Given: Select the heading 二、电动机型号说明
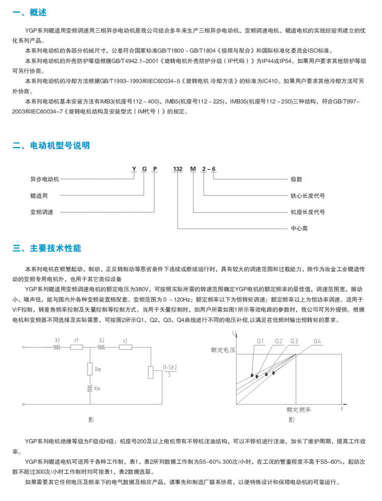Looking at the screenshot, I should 51,146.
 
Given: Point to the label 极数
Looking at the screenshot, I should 296,179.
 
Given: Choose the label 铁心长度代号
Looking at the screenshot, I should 308,195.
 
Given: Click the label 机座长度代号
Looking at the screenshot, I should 308,212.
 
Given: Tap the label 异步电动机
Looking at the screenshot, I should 45,179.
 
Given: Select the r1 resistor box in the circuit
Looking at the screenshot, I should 76,348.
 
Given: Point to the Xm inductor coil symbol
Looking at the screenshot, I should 90,388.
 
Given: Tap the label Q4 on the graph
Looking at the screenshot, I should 317,341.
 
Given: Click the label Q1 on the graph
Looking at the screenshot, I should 259,341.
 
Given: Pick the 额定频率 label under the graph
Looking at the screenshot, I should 299,409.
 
